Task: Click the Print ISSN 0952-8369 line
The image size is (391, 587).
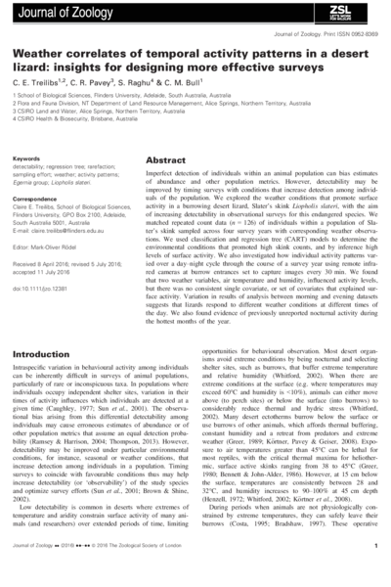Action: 334,33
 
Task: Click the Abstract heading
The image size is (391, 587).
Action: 165,159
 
